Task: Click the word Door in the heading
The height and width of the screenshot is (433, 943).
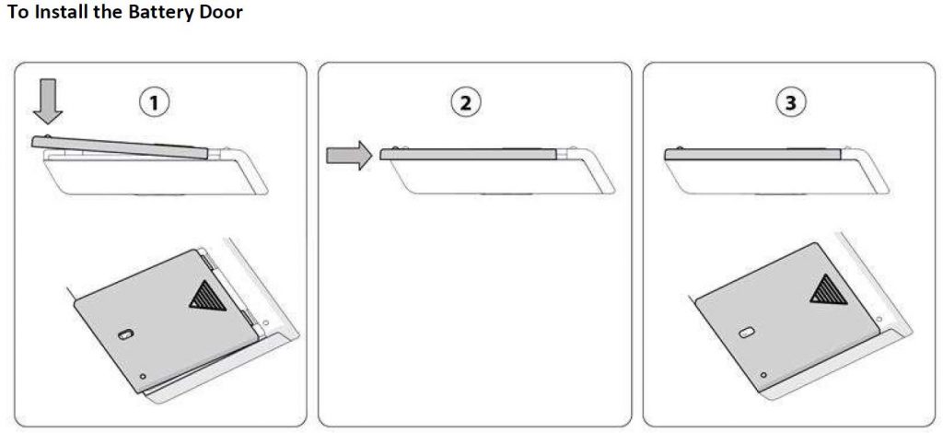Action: point(222,11)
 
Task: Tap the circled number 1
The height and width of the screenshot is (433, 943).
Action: point(154,102)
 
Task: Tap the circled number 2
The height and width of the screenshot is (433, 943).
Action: point(465,102)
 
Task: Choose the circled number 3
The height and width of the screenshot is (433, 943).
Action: point(790,102)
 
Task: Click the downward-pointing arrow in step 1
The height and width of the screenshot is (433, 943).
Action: point(48,101)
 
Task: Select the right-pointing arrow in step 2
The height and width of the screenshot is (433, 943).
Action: point(349,156)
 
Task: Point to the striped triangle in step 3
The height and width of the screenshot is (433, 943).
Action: point(829,289)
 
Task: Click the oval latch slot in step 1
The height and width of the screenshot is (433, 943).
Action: point(125,335)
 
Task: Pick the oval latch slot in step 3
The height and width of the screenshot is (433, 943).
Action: point(746,332)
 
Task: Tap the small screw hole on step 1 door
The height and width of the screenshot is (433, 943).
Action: point(143,377)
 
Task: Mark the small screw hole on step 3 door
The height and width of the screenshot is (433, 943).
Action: point(763,375)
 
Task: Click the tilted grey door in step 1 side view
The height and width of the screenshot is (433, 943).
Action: point(121,147)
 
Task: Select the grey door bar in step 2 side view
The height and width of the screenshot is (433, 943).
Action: point(468,154)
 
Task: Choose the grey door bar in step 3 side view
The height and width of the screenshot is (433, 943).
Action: point(752,154)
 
